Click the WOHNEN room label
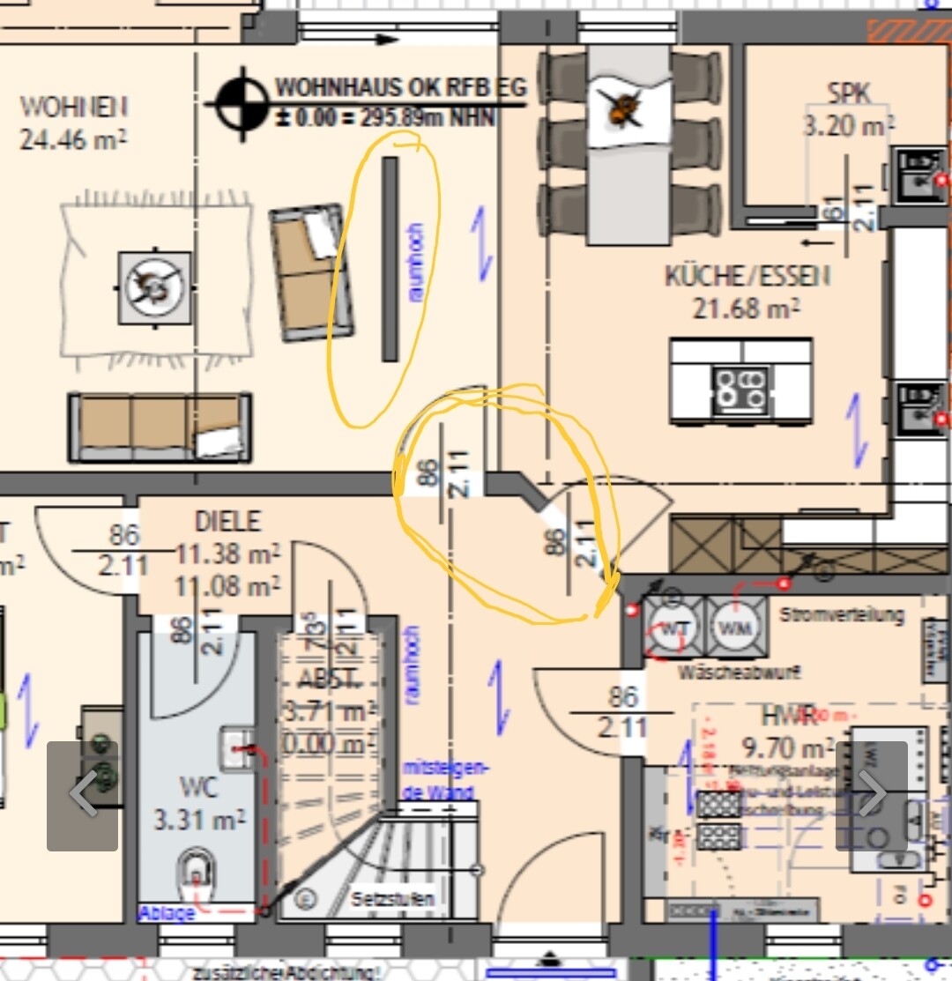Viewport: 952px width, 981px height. click(x=73, y=107)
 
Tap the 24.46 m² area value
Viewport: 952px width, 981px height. click(x=73, y=137)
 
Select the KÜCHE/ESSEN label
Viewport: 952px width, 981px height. click(x=747, y=276)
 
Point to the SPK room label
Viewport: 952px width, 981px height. click(x=848, y=93)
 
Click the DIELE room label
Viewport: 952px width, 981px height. click(x=227, y=521)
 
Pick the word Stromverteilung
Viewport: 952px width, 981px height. click(x=842, y=614)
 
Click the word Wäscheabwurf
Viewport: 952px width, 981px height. click(x=739, y=673)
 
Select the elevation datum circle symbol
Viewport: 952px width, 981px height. click(x=243, y=104)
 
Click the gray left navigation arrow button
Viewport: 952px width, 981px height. click(x=82, y=795)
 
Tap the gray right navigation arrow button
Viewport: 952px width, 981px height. click(x=871, y=795)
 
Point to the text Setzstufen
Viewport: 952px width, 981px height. click(x=392, y=900)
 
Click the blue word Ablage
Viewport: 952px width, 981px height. click(x=166, y=913)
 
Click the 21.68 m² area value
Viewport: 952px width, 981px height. click(x=747, y=308)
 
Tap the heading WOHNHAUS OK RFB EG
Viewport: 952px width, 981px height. click(x=401, y=87)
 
